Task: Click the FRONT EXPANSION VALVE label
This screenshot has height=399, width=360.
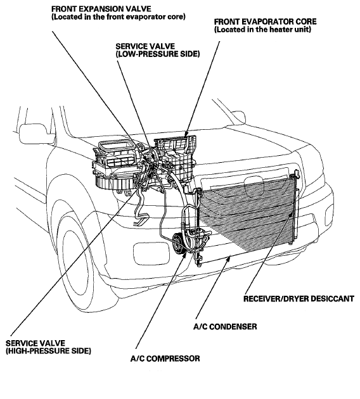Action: click(x=119, y=13)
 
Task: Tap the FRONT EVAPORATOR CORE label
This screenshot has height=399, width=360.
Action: click(x=265, y=25)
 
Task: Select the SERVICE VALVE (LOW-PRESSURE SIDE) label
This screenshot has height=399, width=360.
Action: click(x=158, y=50)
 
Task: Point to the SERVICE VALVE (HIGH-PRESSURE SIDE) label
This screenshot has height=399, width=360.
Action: click(x=48, y=347)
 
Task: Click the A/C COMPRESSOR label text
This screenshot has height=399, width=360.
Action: click(x=165, y=358)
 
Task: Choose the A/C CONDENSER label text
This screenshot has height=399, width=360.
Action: click(x=225, y=326)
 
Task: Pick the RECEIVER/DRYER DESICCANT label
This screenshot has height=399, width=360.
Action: click(x=299, y=298)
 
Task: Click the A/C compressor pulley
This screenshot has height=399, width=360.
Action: click(x=179, y=243)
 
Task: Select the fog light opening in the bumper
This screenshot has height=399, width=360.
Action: click(x=151, y=254)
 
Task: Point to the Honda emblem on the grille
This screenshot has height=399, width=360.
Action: click(x=254, y=187)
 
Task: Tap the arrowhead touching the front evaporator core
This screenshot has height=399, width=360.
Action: click(x=186, y=134)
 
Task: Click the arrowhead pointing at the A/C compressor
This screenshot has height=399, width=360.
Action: click(x=184, y=254)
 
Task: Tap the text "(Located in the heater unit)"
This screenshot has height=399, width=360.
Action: click(x=262, y=30)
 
